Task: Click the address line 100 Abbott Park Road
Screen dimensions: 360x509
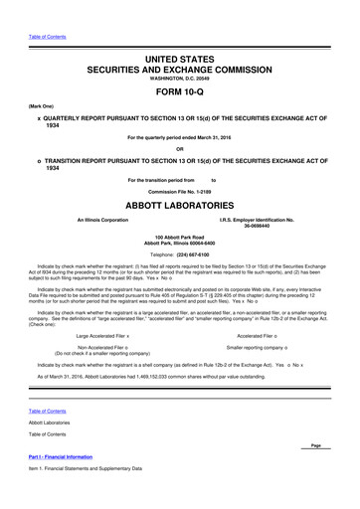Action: click(x=180, y=237)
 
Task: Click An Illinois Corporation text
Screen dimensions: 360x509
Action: click(x=95, y=219)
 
